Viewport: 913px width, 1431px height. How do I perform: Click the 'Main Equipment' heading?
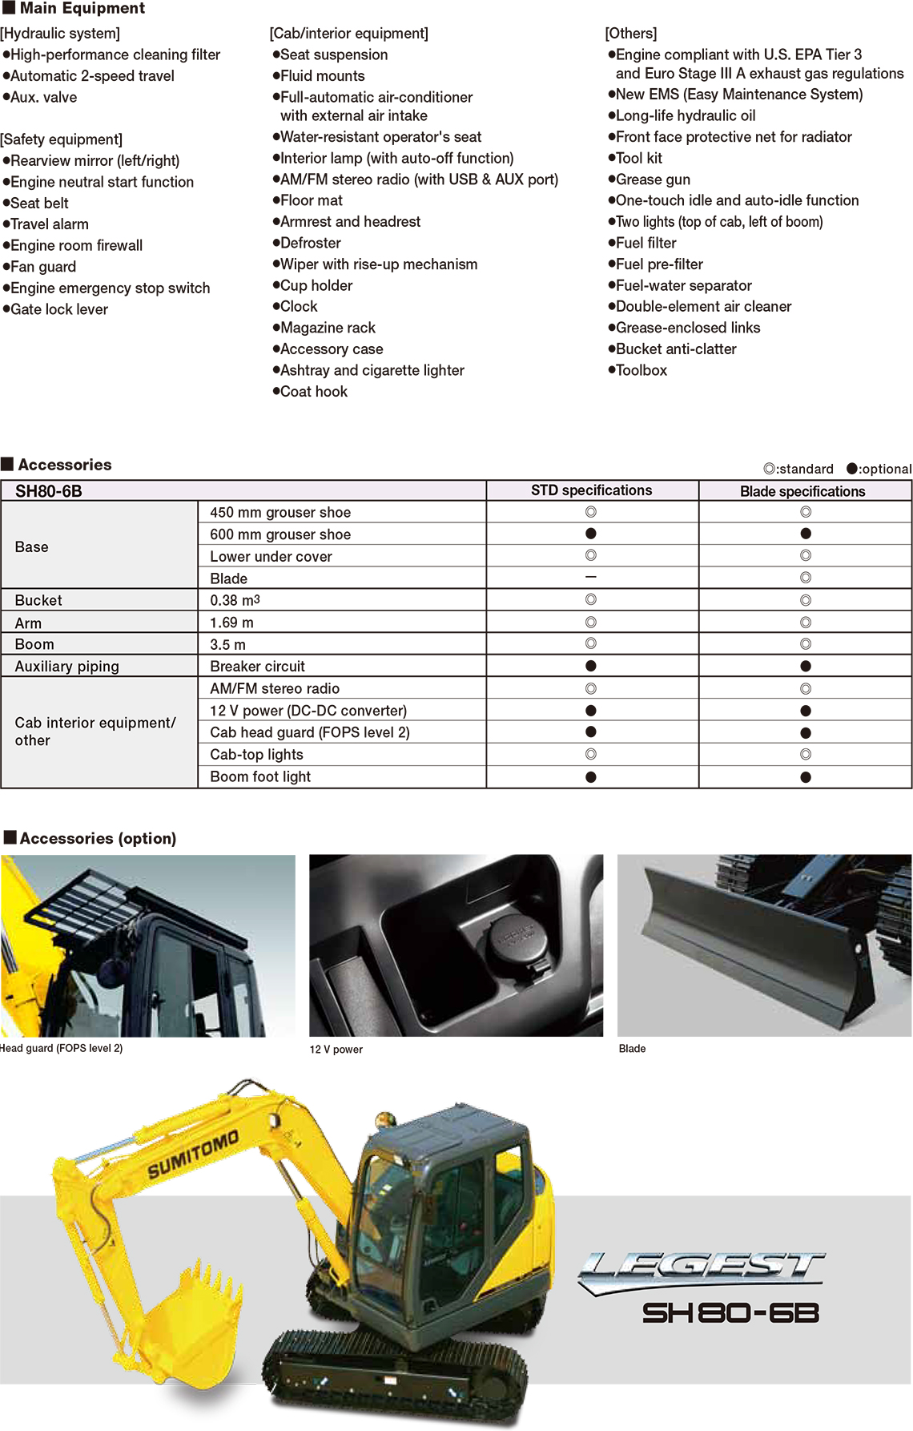82,9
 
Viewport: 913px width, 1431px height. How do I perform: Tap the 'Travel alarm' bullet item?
50,224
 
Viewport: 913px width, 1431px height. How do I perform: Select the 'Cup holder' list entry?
316,285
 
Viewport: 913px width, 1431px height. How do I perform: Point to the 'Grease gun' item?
653,179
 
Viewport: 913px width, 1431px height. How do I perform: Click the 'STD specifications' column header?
591,490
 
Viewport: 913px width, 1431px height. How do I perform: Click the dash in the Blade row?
591,577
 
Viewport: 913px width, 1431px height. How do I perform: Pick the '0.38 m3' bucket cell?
235,600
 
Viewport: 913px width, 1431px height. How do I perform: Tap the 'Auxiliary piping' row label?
67,666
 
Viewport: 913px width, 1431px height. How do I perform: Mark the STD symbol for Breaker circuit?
591,666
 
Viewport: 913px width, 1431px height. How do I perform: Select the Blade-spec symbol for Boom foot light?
806,776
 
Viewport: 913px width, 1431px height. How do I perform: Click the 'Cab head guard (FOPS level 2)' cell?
309,732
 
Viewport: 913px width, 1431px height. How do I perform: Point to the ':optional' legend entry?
879,469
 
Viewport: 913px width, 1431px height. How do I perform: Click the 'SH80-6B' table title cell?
49,491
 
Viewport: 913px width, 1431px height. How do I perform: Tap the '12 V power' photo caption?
336,1050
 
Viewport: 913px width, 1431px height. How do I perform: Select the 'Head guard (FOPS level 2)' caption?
62,1048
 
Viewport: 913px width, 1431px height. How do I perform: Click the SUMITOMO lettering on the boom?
193,1155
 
